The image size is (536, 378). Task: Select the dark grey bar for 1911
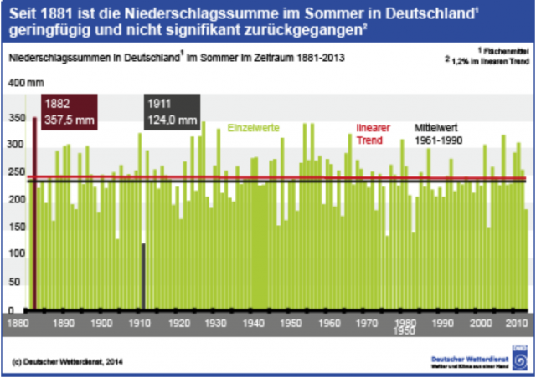143,276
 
